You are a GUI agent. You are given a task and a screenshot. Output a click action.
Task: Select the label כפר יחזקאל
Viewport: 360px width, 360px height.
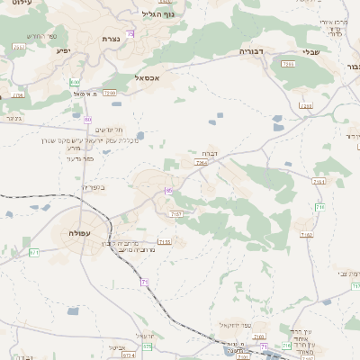(237, 325)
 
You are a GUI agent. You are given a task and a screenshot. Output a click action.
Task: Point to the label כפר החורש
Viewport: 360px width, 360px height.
(40, 36)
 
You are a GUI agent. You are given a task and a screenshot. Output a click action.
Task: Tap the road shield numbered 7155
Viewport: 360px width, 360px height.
(164, 241)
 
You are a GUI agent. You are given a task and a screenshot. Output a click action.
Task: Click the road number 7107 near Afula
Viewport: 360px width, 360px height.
(176, 213)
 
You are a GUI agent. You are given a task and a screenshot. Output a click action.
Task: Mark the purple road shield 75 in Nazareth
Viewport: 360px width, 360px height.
(130, 33)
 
